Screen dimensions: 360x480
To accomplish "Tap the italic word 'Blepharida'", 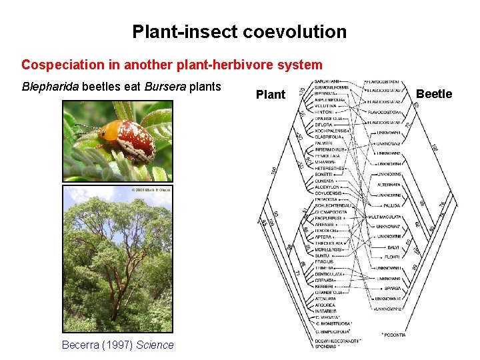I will coord(50,87).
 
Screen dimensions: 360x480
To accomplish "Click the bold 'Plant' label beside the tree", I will coord(270,95).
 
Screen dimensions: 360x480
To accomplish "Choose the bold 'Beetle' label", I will coord(434,94).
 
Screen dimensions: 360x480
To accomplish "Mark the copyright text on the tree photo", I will coord(145,190).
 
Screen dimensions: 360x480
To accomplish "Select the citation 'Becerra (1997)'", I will coord(97,345).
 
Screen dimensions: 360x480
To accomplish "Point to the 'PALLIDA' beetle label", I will coord(391,206).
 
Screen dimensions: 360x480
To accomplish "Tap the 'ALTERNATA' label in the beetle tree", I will coord(389,184).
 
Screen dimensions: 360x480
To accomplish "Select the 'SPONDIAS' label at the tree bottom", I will coord(327,347).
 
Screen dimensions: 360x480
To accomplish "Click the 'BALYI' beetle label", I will coord(392,247).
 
